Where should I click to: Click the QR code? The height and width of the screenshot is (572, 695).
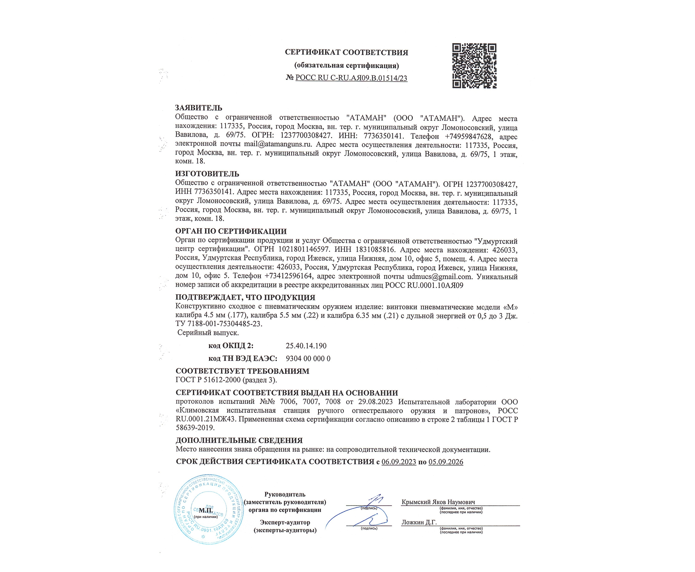pos(474,66)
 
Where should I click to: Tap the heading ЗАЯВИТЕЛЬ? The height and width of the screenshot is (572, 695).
pos(199,108)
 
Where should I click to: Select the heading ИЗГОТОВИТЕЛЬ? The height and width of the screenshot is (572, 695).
pos(207,174)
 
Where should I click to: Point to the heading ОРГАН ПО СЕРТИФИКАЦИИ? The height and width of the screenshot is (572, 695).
pos(230,231)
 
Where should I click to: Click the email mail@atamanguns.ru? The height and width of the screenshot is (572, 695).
pos(278,144)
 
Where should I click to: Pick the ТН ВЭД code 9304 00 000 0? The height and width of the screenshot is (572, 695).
pos(308,358)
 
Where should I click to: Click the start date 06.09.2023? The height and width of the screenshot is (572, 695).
pos(399,462)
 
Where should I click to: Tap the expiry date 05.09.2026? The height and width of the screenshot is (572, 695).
pos(446,462)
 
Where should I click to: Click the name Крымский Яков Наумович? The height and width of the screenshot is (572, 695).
pos(438,502)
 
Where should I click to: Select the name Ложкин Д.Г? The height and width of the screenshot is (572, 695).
pos(419,522)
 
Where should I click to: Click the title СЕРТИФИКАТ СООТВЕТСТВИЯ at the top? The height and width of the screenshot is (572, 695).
pos(347,52)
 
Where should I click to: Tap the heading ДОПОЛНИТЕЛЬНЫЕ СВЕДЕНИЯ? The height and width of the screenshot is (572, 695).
pos(239,440)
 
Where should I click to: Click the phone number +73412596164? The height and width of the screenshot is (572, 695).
pos(288,277)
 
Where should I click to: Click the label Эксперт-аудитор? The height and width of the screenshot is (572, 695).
pos(285,522)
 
